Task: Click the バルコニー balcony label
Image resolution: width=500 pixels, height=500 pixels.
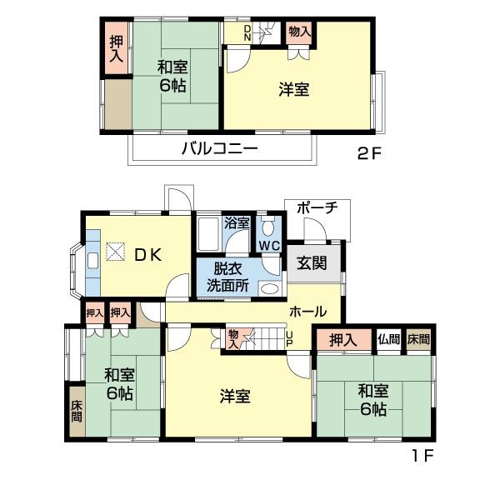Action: coord(219,150)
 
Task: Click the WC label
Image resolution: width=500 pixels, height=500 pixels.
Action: coord(268,246)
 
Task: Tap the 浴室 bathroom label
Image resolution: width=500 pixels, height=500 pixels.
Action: coord(237,222)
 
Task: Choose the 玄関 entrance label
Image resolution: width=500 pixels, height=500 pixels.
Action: coord(312,262)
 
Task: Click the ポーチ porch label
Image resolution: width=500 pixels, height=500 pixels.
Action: coord(317,207)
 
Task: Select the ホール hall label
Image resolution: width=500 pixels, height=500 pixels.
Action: coord(307,312)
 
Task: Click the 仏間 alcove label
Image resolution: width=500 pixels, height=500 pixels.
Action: coord(388,339)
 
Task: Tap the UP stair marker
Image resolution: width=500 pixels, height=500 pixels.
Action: coord(289,338)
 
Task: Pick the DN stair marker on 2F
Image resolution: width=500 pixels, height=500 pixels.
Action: coord(247,33)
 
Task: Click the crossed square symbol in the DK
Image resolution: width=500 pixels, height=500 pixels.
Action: coord(114,252)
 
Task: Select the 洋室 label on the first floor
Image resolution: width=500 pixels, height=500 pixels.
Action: coord(236,397)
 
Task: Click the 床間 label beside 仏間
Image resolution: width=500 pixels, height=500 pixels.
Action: coord(419,339)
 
